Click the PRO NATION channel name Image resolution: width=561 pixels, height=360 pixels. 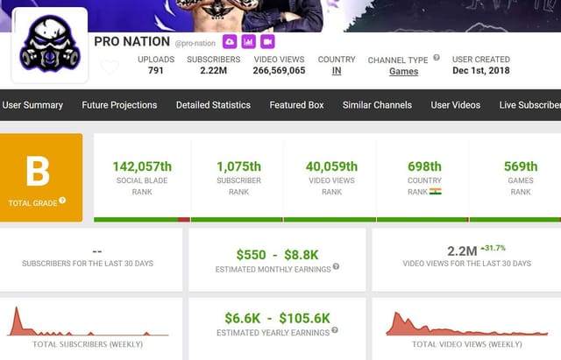[x=131, y=42]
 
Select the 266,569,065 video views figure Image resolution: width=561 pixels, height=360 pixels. [x=279, y=71]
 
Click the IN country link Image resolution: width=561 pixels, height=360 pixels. [x=337, y=71]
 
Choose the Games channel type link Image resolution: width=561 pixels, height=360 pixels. [x=403, y=72]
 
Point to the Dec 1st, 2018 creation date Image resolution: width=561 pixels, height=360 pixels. [x=480, y=71]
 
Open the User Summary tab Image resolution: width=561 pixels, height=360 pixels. [x=32, y=105]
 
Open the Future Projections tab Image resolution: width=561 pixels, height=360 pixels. [x=119, y=105]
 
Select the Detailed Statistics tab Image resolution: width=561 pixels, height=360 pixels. [x=213, y=105]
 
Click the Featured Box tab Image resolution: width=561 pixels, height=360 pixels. [x=296, y=105]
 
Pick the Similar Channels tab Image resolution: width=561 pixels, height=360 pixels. [x=377, y=105]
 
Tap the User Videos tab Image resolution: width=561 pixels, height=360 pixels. [x=456, y=105]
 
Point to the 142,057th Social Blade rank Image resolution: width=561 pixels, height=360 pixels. [x=142, y=166]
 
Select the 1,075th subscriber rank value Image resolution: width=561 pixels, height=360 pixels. [x=238, y=166]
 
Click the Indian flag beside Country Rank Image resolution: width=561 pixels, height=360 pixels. [x=436, y=191]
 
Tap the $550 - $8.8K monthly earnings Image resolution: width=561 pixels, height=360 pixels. [x=277, y=254]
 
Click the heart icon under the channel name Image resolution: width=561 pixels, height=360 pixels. [x=110, y=67]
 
